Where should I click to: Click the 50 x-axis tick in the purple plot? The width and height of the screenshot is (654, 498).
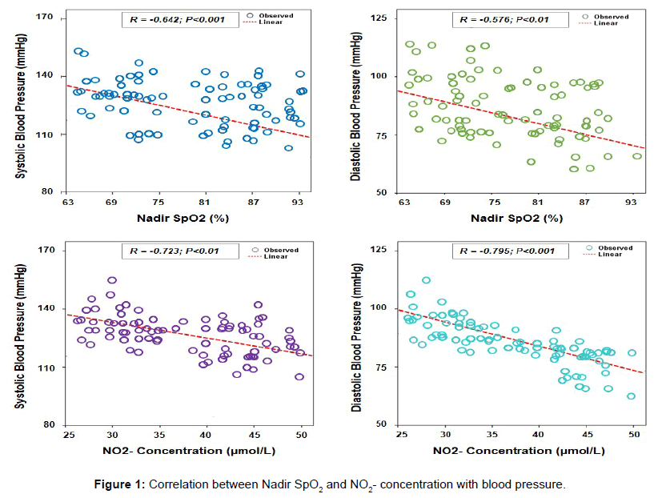[x=301, y=435]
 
